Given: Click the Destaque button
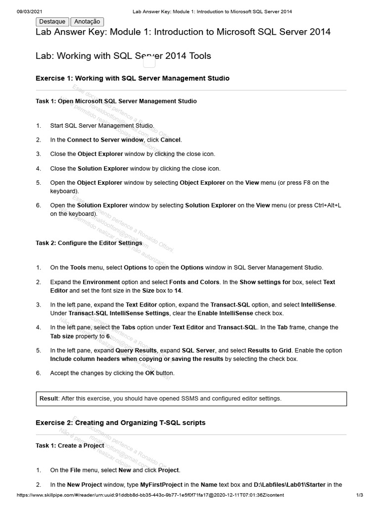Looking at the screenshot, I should click(52, 21).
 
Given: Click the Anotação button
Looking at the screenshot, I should click(87, 21).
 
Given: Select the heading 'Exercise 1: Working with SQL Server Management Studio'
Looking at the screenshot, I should click(132, 78).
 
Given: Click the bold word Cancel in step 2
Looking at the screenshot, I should click(171, 140).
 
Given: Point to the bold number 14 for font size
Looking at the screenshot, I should click(178, 291).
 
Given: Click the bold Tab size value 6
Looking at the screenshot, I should click(108, 336).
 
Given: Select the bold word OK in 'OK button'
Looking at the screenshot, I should click(150, 373).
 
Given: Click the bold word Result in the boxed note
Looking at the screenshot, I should click(49, 399).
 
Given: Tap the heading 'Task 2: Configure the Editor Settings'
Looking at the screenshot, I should click(89, 243).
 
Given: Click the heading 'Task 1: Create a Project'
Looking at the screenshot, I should click(70, 446).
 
